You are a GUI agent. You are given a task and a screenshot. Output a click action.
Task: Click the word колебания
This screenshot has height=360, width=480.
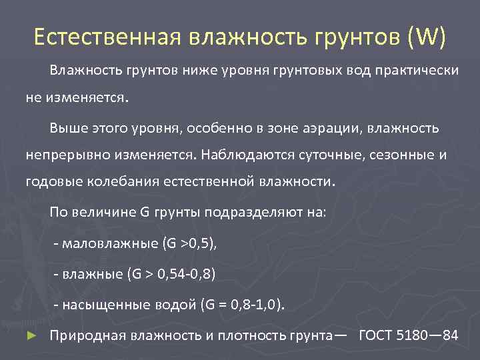point(117,182)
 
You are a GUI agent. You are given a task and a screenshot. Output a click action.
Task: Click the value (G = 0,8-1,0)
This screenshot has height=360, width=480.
point(242,305)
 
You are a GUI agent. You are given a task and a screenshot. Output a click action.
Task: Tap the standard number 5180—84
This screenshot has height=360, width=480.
point(431,335)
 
